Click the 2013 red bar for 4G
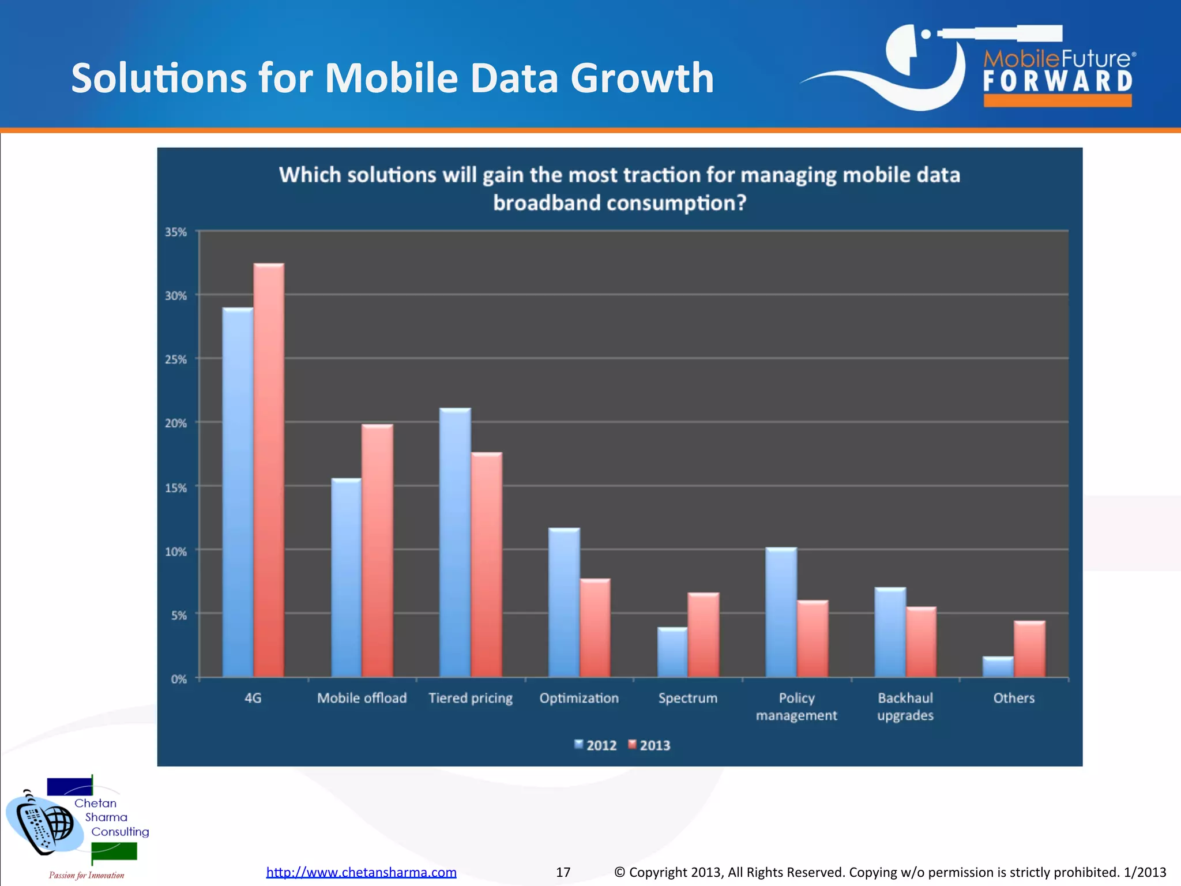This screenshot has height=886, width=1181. tap(269, 470)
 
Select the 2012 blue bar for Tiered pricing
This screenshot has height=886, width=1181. tap(455, 542)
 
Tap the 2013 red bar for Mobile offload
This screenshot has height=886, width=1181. tap(377, 551)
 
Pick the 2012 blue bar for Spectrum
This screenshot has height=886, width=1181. tap(672, 652)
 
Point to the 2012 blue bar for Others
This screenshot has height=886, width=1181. tap(998, 667)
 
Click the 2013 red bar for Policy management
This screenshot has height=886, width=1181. tap(813, 639)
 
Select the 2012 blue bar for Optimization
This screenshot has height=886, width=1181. tap(564, 602)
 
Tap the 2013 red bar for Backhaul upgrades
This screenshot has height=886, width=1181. tap(921, 642)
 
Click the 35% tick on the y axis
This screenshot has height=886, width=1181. tap(176, 232)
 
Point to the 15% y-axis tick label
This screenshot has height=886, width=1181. tap(176, 488)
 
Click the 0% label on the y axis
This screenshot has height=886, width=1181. tap(179, 679)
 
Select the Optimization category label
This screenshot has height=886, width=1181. tap(579, 698)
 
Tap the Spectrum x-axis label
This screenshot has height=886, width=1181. tap(688, 698)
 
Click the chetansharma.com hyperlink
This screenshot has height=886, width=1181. tap(361, 872)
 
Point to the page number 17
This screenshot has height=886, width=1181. tap(563, 872)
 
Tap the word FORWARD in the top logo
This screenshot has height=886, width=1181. tap(1058, 81)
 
